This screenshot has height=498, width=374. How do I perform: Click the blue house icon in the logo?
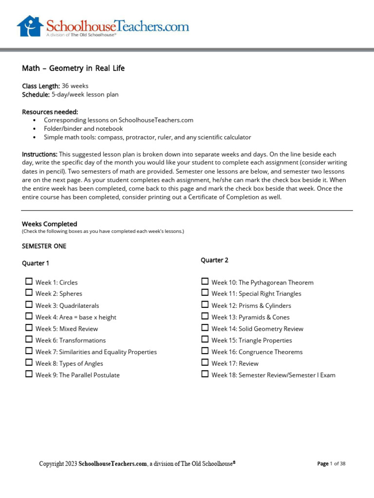[x=30, y=26]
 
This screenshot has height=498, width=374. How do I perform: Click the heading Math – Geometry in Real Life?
[x=73, y=69]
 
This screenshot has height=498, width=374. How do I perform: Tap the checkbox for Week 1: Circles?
[x=29, y=282]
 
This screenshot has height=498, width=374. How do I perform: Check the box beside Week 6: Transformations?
[x=29, y=339]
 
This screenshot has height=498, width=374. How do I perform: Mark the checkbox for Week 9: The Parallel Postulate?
[x=29, y=374]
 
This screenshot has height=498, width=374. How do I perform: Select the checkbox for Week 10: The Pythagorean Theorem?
[x=205, y=282]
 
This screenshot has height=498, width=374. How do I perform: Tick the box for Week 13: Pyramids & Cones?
[x=205, y=316]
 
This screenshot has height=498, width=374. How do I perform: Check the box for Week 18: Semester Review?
[x=205, y=374]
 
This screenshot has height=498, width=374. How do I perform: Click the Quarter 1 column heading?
[x=36, y=263]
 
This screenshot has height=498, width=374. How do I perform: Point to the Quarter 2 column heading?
[x=214, y=260]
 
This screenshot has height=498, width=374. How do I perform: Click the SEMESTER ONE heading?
[x=44, y=246]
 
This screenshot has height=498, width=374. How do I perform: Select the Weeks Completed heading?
[x=49, y=224]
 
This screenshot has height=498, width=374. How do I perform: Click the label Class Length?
[x=41, y=86]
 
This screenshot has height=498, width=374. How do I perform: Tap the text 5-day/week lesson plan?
[x=85, y=94]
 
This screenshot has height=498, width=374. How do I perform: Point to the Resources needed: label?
[x=50, y=112]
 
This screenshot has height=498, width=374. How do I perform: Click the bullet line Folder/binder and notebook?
[x=83, y=129]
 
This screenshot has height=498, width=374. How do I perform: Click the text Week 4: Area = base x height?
[x=75, y=317]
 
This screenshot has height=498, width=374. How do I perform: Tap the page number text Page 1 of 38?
[x=331, y=464]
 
